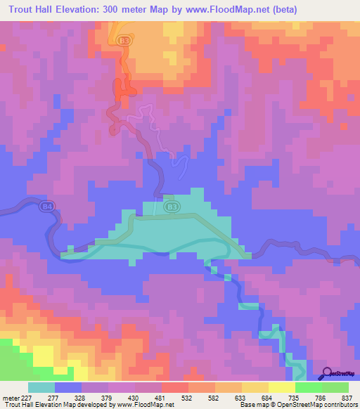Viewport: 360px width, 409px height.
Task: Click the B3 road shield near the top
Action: tap(124, 41)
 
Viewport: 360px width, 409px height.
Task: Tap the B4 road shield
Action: tap(48, 207)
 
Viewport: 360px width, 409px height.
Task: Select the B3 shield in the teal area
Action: tap(172, 207)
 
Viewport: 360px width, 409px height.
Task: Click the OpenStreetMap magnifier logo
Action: tap(326, 373)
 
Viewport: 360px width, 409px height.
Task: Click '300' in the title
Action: tap(114, 9)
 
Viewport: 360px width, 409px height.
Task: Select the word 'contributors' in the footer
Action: tap(340, 405)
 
